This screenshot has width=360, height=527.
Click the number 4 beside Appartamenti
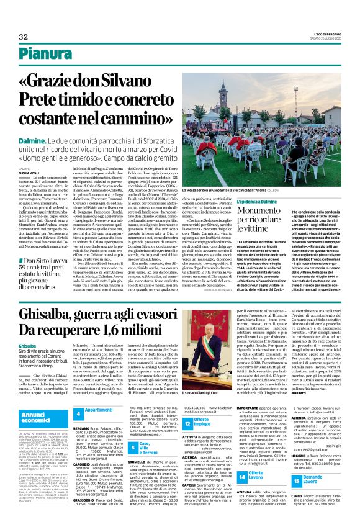[78, 413]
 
